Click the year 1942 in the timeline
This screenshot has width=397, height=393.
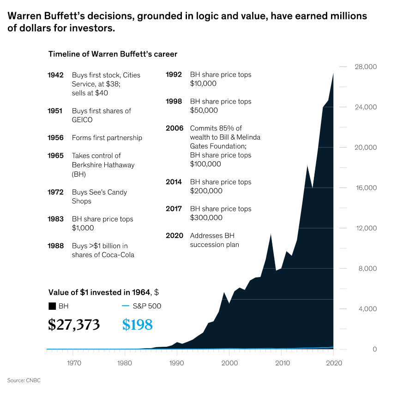[x=55, y=75]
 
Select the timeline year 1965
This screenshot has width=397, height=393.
[x=55, y=156]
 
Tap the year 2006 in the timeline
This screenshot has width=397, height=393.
[x=174, y=128]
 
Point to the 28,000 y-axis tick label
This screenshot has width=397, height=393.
[x=366, y=67]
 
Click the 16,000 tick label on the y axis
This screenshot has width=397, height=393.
[x=366, y=188]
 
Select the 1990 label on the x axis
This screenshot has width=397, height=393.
[x=176, y=363]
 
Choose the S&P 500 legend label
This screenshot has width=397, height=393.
[x=147, y=306]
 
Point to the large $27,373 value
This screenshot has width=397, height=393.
[x=74, y=325]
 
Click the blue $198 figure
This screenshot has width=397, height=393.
[x=137, y=325]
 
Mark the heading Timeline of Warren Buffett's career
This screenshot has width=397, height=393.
[x=113, y=54]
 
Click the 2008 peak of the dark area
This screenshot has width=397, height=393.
[x=271, y=234]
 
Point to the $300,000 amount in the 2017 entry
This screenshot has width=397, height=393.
[x=206, y=218]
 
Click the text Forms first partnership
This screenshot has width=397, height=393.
[x=107, y=138]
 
